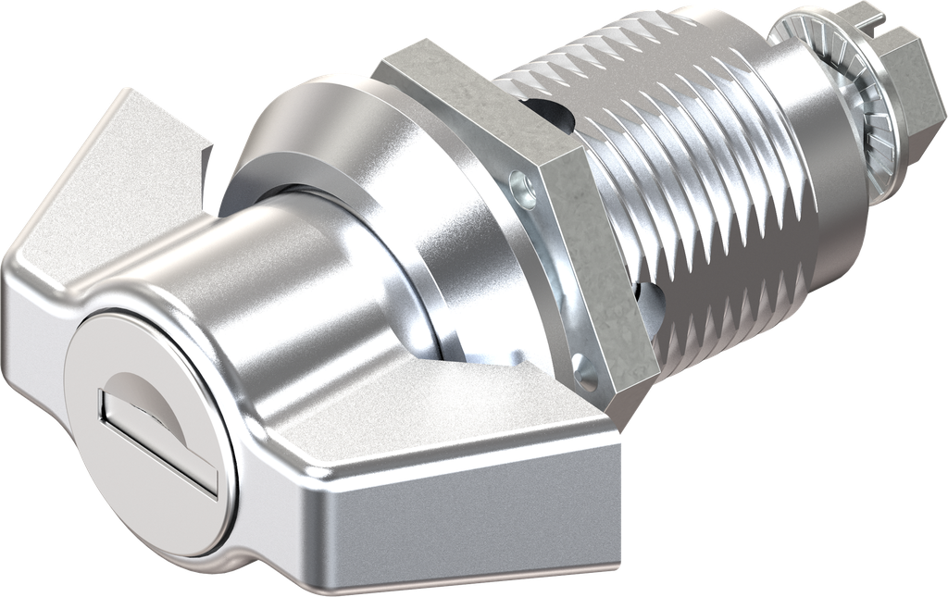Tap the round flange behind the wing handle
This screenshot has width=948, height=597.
click(x=370, y=185)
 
